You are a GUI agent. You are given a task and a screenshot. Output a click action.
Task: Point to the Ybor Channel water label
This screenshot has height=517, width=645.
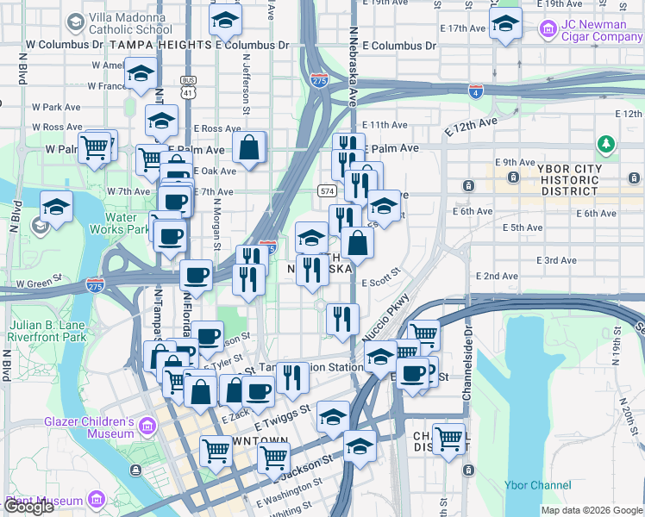pos(539,485)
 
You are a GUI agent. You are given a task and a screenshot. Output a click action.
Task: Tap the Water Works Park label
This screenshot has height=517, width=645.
pos(121,223)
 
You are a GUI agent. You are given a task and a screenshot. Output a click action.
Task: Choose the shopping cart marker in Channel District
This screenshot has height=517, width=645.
pos(448,439)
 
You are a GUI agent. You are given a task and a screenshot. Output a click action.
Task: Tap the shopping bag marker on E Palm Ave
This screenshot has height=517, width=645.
pos(249,147)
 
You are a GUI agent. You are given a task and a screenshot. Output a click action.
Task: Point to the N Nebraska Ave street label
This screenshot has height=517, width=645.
pos(353,65)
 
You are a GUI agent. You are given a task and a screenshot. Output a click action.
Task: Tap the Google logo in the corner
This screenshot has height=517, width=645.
pos(29,507)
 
